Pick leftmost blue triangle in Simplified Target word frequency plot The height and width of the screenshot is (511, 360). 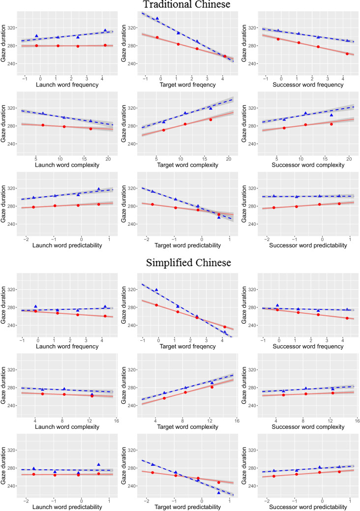[x=156, y=290]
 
